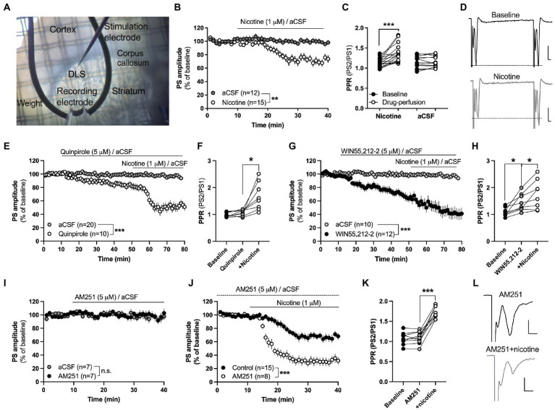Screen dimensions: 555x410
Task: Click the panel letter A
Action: [x=7, y=7]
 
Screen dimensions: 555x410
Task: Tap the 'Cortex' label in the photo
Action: [x=63, y=30]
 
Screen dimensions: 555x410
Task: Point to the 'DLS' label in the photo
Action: [x=77, y=74]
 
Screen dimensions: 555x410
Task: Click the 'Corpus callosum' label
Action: [x=132, y=58]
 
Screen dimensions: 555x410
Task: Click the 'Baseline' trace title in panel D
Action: [x=506, y=15]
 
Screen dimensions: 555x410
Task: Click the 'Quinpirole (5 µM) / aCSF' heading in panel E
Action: [x=96, y=152]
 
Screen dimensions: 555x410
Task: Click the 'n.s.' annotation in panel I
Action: [x=106, y=371]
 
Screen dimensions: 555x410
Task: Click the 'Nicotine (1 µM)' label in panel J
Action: [x=299, y=303]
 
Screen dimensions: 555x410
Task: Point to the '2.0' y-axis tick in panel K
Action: [x=383, y=302]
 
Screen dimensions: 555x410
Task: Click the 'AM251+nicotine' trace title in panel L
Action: [x=512, y=349]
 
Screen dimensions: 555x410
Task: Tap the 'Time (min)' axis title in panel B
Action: [x=268, y=125]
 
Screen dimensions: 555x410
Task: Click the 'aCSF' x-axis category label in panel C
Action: [x=425, y=116]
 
